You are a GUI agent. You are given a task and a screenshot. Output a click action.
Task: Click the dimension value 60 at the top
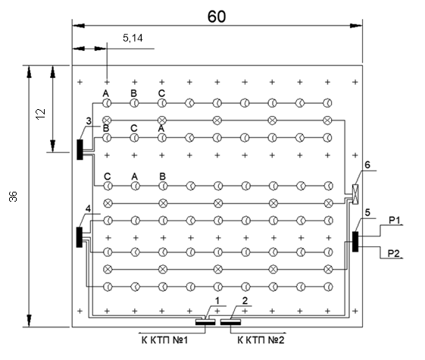tap(217, 17)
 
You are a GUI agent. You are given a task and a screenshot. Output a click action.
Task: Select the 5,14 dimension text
tap(133, 38)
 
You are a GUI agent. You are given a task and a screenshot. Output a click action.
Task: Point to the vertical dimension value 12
tap(40, 114)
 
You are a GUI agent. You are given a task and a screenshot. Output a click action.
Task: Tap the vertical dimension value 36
tap(13, 196)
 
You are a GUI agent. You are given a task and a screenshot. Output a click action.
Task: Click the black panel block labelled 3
tap(80, 149)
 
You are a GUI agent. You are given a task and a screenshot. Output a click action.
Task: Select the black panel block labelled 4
tap(79, 237)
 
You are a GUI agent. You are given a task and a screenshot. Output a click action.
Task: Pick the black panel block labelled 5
tap(355, 242)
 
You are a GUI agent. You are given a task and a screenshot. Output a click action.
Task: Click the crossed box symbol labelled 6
tap(355, 194)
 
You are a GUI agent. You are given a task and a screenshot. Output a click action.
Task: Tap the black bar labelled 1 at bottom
tap(205, 322)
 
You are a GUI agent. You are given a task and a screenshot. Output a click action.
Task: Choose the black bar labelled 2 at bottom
tap(230, 322)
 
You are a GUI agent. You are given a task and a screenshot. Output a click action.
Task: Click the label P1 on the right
tap(395, 221)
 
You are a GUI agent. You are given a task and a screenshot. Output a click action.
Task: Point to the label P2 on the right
tap(393, 254)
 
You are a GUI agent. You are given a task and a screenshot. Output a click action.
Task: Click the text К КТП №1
tap(164, 340)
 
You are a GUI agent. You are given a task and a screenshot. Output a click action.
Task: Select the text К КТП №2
tap(261, 340)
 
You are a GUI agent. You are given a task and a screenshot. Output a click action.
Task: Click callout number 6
tap(367, 164)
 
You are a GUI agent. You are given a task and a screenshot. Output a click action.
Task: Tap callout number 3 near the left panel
tap(89, 121)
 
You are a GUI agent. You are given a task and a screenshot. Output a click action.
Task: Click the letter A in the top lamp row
tap(106, 93)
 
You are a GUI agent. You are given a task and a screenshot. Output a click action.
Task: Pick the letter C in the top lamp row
tap(161, 93)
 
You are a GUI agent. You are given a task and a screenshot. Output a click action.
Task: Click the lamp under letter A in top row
tap(107, 103)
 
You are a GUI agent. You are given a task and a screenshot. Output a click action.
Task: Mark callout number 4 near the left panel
tap(89, 208)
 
